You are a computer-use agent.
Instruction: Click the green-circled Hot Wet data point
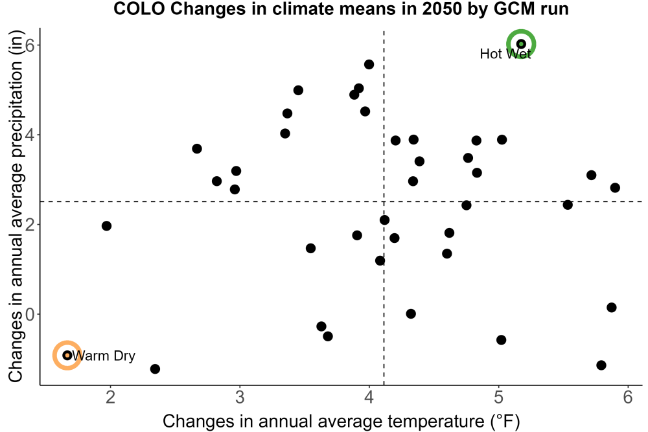(521, 44)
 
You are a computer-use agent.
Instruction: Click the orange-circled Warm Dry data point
(67, 355)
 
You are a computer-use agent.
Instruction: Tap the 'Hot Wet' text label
(505, 54)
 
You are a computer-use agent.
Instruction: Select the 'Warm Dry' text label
(104, 356)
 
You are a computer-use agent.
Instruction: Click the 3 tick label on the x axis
(240, 397)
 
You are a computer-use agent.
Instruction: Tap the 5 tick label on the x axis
(498, 397)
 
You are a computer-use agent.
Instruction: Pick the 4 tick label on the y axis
(30, 135)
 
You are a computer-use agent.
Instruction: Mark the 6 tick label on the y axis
(30, 45)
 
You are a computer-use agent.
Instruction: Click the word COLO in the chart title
(139, 8)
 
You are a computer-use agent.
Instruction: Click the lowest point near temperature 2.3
(155, 369)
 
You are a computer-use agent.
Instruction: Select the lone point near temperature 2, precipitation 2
(106, 226)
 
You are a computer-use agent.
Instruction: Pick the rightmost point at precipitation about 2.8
(615, 188)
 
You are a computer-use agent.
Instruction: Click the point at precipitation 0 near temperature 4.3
(410, 314)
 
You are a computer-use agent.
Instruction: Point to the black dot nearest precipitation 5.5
(369, 64)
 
